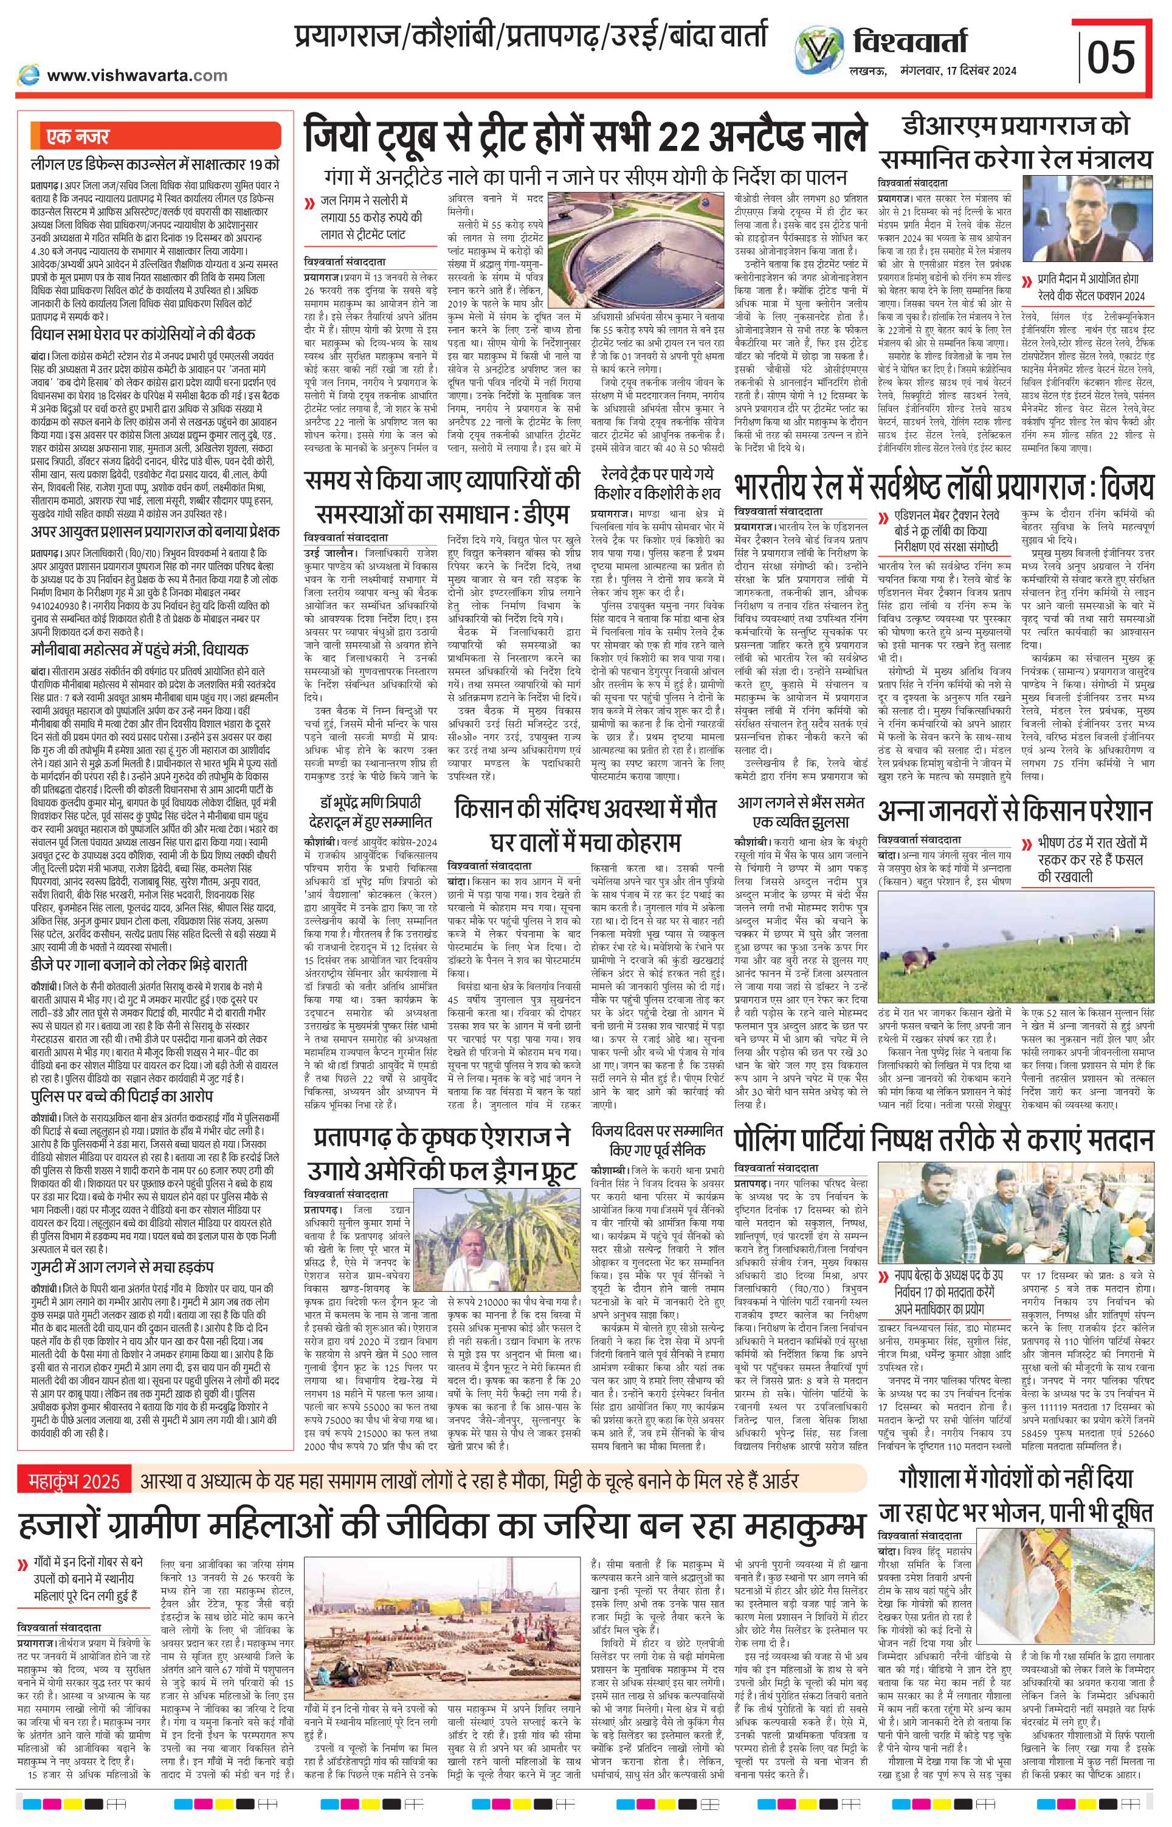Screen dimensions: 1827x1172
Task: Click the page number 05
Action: pyautogui.click(x=1111, y=57)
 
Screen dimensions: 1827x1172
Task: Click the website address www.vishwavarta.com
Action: pyautogui.click(x=137, y=75)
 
